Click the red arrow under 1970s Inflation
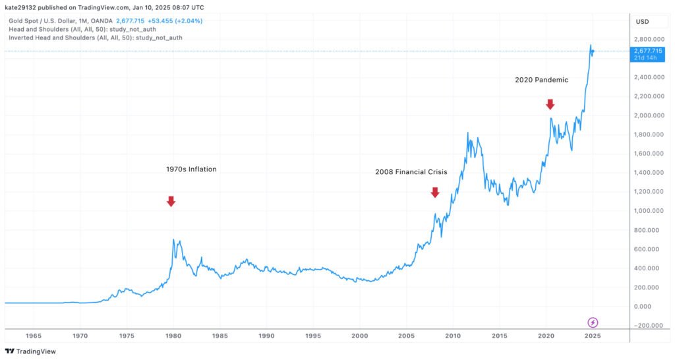pos(171,201)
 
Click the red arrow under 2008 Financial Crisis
pos(434,192)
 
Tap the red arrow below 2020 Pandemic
pos(550,104)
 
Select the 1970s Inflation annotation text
pos(191,169)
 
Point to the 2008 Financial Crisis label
pos(411,172)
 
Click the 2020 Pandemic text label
pos(541,80)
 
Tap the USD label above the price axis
pos(642,22)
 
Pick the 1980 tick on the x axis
pos(174,336)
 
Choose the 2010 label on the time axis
pos(452,336)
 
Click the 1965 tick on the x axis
pos(34,336)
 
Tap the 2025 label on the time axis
pos(592,336)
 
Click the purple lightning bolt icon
pos(593,322)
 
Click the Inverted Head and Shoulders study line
pos(95,38)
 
